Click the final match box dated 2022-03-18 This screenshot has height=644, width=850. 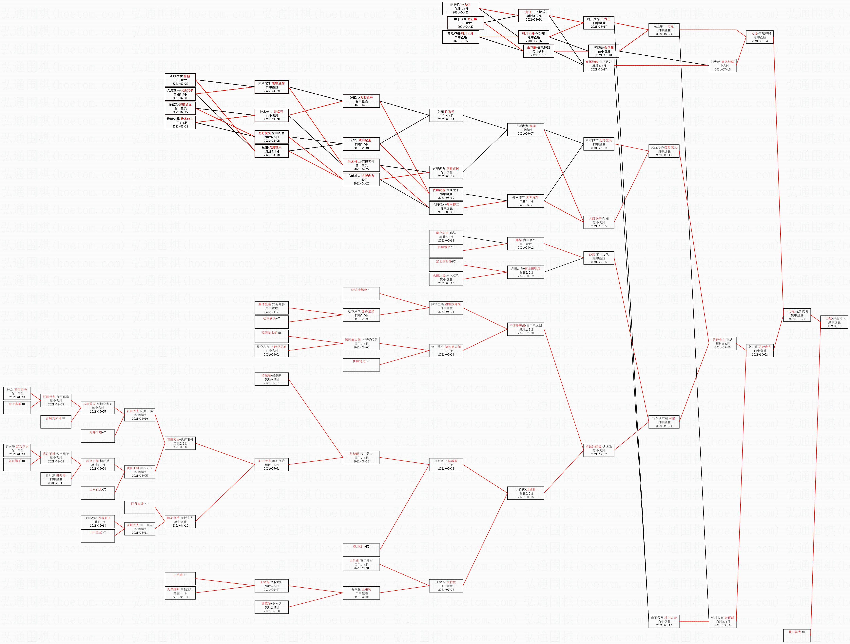(x=834, y=322)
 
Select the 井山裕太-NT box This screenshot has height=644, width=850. (x=797, y=635)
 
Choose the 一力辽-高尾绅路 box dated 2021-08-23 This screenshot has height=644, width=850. (x=760, y=37)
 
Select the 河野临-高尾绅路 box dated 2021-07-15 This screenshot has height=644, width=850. (x=723, y=65)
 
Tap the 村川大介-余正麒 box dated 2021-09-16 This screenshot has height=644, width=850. (x=723, y=621)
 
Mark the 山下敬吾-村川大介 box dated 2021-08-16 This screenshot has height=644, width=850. (x=664, y=621)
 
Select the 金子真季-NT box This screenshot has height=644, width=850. (x=17, y=407)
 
